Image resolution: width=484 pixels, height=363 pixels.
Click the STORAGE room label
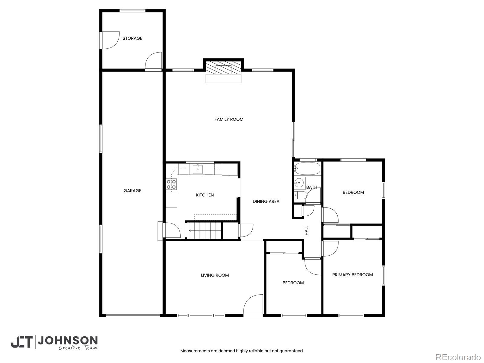pyautogui.click(x=132, y=38)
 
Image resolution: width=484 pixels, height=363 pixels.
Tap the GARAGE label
pyautogui.click(x=132, y=191)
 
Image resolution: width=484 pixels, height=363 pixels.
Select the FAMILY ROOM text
pyautogui.click(x=229, y=119)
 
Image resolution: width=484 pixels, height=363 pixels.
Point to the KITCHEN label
pyautogui.click(x=205, y=195)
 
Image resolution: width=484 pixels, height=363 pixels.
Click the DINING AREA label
pyautogui.click(x=266, y=201)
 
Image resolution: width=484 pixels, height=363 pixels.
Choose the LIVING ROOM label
pyautogui.click(x=215, y=275)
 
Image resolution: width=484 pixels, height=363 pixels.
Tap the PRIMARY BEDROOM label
pyautogui.click(x=352, y=275)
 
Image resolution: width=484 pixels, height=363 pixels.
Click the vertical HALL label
pyautogui.click(x=306, y=231)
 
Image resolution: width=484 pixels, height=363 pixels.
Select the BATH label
pyautogui.click(x=312, y=187)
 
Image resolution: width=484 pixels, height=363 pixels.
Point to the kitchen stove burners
pyautogui.click(x=171, y=185)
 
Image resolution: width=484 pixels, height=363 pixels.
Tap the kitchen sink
pyautogui.click(x=198, y=169)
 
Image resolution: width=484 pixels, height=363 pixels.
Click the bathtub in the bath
pyautogui.click(x=307, y=169)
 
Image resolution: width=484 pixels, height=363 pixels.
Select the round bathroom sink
pyautogui.click(x=299, y=183)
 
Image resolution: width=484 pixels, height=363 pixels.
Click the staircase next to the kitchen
pyautogui.click(x=204, y=231)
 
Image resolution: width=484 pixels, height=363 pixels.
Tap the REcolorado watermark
pyautogui.click(x=458, y=357)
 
